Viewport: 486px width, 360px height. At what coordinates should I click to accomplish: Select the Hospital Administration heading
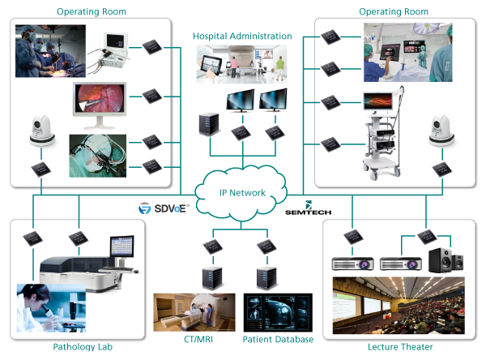242,37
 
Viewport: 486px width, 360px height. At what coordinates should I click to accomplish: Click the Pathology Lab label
77,347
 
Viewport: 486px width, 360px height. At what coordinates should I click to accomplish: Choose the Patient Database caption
279,339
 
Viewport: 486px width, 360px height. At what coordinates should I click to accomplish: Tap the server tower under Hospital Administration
207,122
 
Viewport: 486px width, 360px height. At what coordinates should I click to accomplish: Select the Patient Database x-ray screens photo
279,312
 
